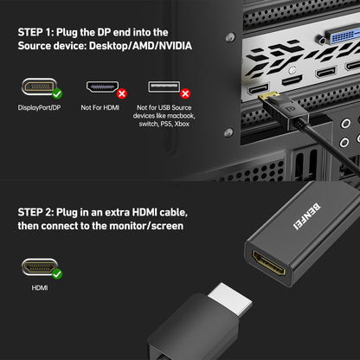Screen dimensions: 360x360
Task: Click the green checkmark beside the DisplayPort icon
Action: point(56,93)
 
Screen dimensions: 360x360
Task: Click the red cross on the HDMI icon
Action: point(121,93)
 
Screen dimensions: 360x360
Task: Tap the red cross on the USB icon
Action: point(184,93)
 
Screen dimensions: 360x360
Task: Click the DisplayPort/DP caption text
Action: point(40,108)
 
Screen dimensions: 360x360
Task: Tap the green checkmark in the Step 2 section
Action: point(56,273)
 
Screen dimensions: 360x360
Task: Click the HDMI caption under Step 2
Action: point(40,288)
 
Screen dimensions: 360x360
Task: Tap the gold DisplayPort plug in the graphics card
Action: point(269,98)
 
